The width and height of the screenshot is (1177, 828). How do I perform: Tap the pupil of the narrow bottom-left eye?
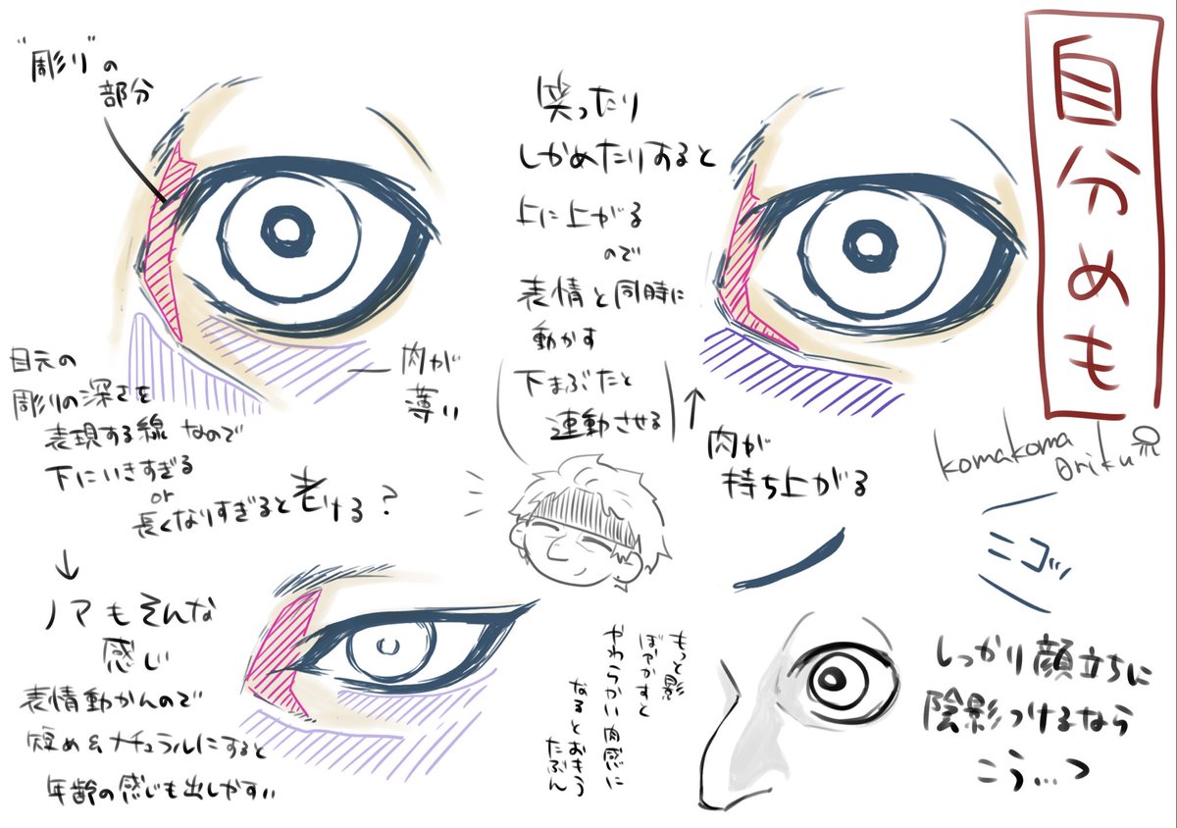coord(388,647)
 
